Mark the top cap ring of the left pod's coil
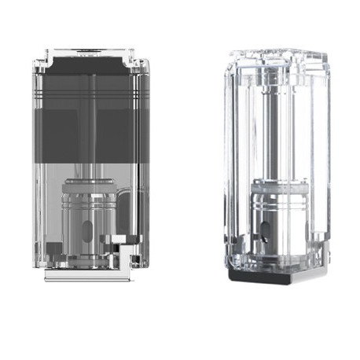coord(92,182)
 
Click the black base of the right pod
coord(259,276)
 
